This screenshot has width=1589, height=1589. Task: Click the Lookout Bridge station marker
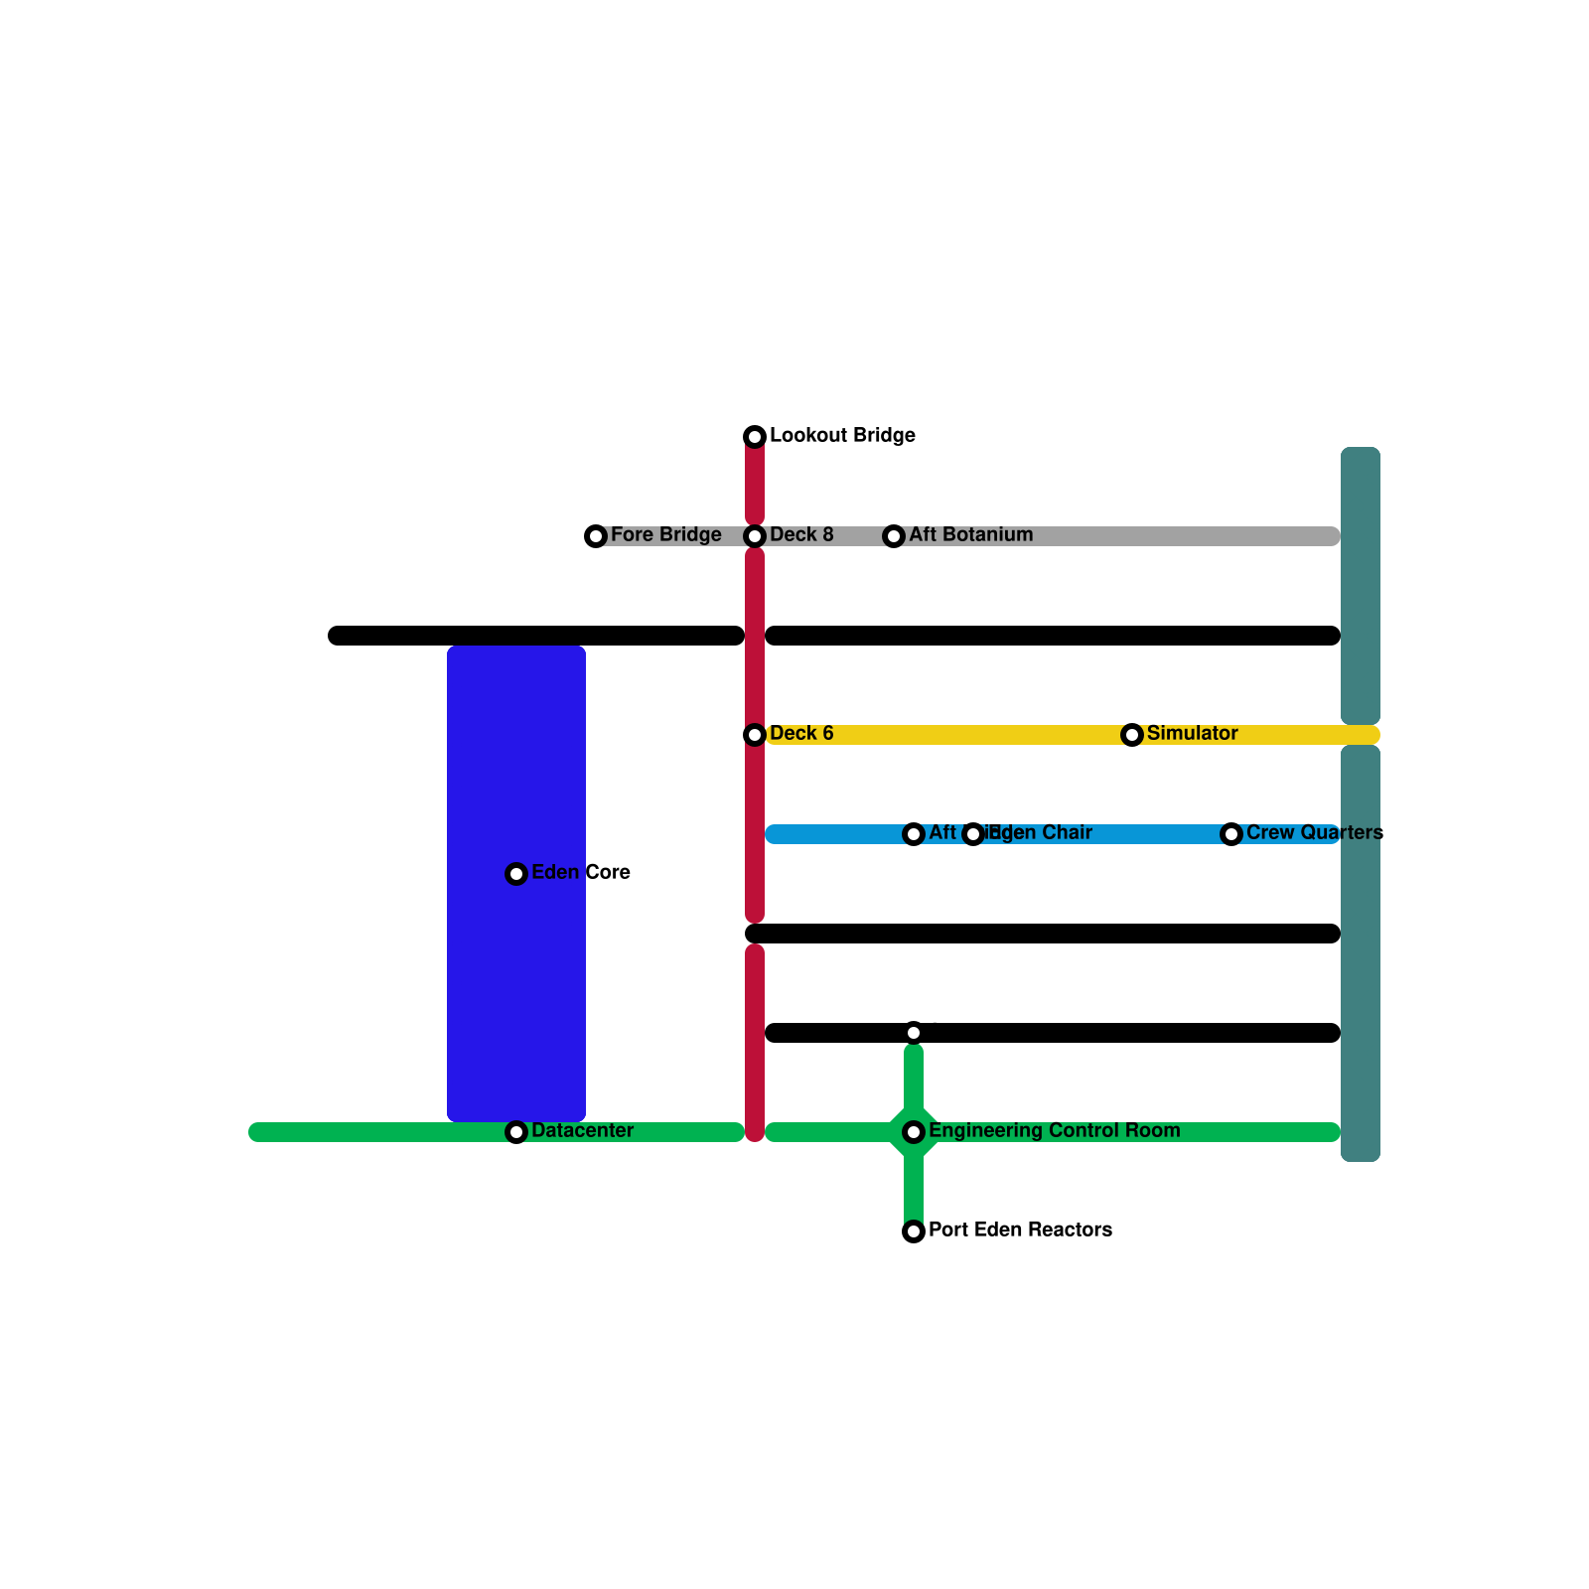coord(755,437)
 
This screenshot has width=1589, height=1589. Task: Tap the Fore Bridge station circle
coord(596,536)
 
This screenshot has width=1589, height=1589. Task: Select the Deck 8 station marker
coord(755,536)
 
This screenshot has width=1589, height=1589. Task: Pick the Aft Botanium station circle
coord(894,536)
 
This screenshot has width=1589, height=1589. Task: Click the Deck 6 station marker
coord(755,735)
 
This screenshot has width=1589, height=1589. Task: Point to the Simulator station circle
coord(1132,735)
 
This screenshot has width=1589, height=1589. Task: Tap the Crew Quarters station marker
coord(1231,834)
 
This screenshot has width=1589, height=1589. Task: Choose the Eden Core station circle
coord(516,874)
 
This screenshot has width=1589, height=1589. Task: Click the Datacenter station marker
coord(516,1132)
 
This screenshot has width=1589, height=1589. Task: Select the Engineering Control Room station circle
coord(914,1132)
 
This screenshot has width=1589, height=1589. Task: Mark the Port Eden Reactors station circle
coord(914,1231)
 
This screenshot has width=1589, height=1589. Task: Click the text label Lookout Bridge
coord(842,436)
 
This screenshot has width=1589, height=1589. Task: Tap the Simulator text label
coord(1192,734)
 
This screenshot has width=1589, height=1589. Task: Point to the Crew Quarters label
coord(1314,833)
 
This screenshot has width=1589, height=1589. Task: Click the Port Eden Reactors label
coord(1020,1230)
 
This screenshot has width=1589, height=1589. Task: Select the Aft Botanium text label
coord(970,535)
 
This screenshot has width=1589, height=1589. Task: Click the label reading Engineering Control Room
coord(1054,1131)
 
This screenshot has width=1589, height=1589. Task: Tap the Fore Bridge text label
coord(665,535)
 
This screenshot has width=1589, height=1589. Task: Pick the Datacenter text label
coord(582,1131)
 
